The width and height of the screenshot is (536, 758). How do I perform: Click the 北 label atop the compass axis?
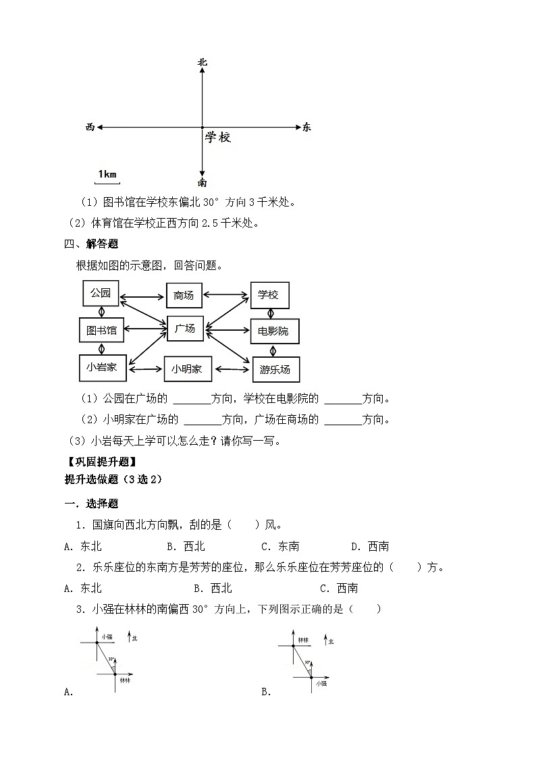click(202, 62)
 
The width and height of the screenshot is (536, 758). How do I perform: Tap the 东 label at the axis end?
click(307, 127)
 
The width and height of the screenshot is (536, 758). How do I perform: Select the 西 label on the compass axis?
click(90, 127)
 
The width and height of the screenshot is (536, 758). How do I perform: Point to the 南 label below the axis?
click(202, 182)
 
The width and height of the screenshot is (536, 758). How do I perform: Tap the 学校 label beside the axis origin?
click(218, 138)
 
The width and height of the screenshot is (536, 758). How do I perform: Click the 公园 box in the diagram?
click(100, 294)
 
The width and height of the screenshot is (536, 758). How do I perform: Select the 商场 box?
click(184, 295)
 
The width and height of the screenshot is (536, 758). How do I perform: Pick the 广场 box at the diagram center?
click(185, 329)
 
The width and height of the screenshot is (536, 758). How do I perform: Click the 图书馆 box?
click(101, 330)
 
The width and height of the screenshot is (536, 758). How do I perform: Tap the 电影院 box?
click(273, 331)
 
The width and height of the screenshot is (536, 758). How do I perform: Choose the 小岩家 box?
click(102, 367)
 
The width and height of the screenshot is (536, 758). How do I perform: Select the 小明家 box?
click(187, 369)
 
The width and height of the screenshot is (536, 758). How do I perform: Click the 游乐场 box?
click(275, 369)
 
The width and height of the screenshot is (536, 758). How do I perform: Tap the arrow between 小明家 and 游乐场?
click(231, 369)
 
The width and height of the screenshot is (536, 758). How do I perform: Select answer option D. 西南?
click(370, 546)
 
